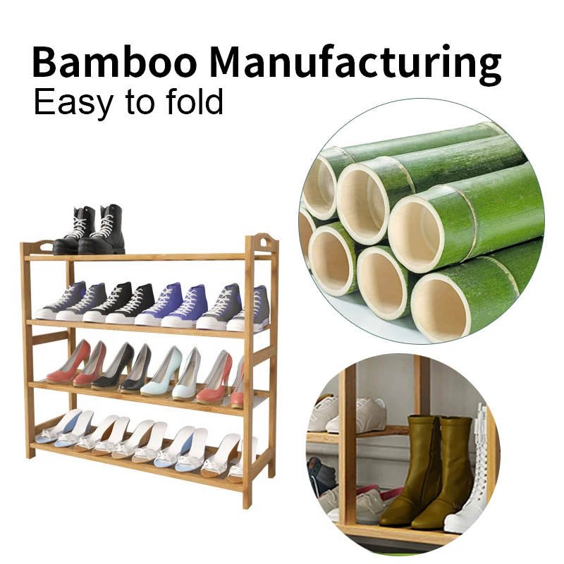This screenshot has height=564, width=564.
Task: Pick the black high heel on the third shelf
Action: click(x=113, y=367)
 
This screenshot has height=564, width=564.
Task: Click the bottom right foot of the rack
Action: click(x=247, y=503)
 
